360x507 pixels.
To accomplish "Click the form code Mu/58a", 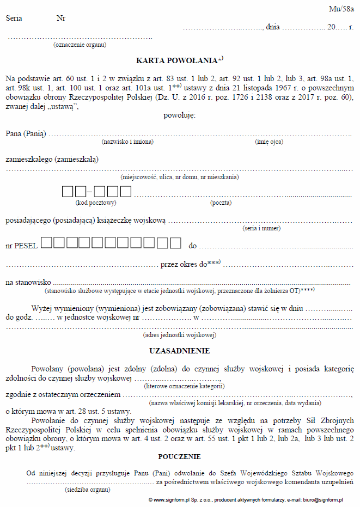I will [341, 9].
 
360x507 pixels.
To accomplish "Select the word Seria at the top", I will [14, 18].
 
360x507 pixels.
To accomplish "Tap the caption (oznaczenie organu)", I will [80, 45].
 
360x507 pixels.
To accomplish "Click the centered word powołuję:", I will [179, 115].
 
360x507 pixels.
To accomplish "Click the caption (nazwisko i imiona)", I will [127, 142].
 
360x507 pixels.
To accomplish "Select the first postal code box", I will [68, 192].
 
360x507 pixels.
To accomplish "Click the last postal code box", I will [126, 192].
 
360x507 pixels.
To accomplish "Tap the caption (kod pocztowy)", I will [96, 203].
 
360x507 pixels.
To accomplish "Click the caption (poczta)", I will [221, 203].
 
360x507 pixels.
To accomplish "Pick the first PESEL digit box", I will [46, 243].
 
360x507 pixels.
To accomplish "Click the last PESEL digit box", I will [175, 243].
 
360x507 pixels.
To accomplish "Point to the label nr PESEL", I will [21, 246].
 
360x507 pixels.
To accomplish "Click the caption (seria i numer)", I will [261, 228].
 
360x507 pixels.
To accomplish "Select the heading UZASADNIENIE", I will [179, 351].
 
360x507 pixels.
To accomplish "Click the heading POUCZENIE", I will [179, 456].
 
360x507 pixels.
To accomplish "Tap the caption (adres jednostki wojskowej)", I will [179, 335].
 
